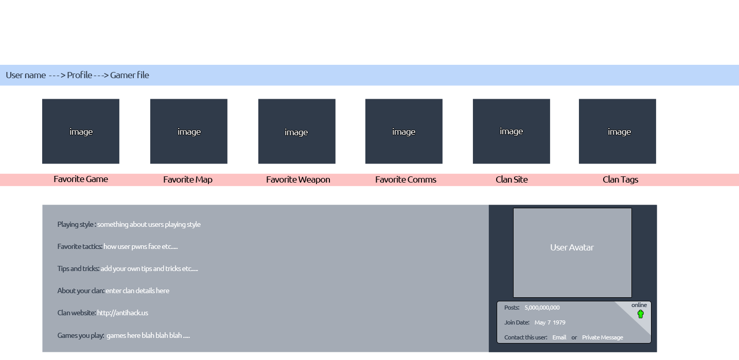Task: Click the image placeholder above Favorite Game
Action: (x=81, y=131)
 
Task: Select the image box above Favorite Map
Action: (x=189, y=131)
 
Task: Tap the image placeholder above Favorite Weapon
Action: (x=297, y=131)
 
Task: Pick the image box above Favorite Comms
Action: (x=404, y=131)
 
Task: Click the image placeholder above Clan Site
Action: (x=512, y=131)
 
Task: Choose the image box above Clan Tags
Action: (x=618, y=131)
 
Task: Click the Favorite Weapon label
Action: (x=298, y=179)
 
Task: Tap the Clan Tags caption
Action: (x=620, y=179)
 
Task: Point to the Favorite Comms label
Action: (x=406, y=179)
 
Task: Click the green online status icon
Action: (x=641, y=314)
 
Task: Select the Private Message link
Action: (x=603, y=337)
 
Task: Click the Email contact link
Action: (x=559, y=337)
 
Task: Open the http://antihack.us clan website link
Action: (x=122, y=313)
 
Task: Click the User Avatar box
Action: (x=572, y=253)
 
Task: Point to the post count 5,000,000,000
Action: (x=542, y=308)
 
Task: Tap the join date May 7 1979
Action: (x=550, y=322)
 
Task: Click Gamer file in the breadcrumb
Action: (x=130, y=75)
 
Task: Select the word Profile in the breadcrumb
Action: (x=79, y=75)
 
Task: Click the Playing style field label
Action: (x=77, y=225)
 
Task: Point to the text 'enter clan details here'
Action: (x=137, y=291)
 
